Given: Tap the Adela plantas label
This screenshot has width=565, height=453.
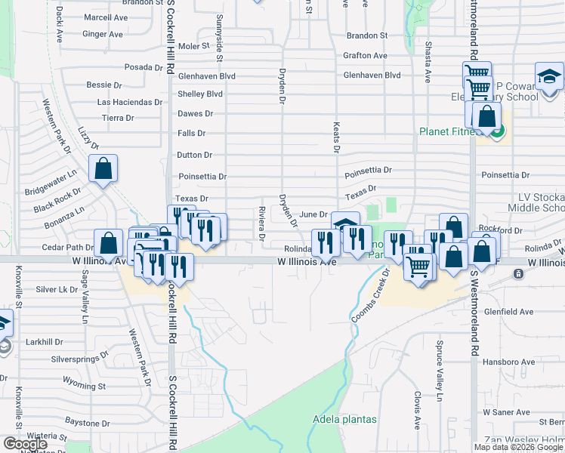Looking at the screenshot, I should (x=339, y=419).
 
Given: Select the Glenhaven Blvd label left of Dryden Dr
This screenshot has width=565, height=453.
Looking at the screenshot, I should (x=206, y=76).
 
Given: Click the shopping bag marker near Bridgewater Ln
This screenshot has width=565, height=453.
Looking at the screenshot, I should (x=103, y=170).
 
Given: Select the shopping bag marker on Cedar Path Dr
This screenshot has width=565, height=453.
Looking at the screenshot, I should (x=109, y=244).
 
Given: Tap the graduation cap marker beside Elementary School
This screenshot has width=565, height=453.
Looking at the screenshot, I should (x=549, y=77).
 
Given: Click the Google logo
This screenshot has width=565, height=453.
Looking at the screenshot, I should (x=24, y=445).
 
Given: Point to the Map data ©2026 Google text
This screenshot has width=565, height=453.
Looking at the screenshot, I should (x=519, y=447).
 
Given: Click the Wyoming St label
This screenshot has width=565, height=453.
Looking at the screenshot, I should (x=84, y=383).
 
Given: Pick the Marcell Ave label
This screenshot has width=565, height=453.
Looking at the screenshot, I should (x=106, y=17).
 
